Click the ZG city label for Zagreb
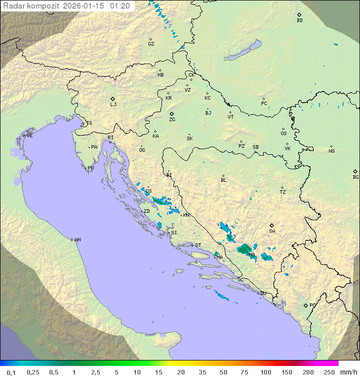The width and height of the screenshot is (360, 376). pos(172,120)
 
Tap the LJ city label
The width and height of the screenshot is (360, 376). pos(113,105)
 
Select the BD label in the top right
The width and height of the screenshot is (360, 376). pos(299,21)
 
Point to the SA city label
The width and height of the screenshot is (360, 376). pos(272,231)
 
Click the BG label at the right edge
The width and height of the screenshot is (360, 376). pos(355,177)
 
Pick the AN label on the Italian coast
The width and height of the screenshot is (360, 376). pos(77,240)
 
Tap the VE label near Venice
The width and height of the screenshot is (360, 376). pos(29,136)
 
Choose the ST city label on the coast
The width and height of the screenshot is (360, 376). pos(198,245)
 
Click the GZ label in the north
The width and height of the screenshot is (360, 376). pos(151,44)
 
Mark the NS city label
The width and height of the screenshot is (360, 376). pos(331,151)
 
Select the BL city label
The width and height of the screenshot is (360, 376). pos(223,180)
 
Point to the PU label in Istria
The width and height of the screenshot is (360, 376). pos(90,168)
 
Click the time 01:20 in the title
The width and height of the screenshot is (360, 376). pos(120,6)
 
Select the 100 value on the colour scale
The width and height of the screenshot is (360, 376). pos(265,372)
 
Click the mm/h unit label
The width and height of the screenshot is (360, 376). pos(346,372)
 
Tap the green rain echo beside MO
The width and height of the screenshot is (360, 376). pos(244,248)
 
